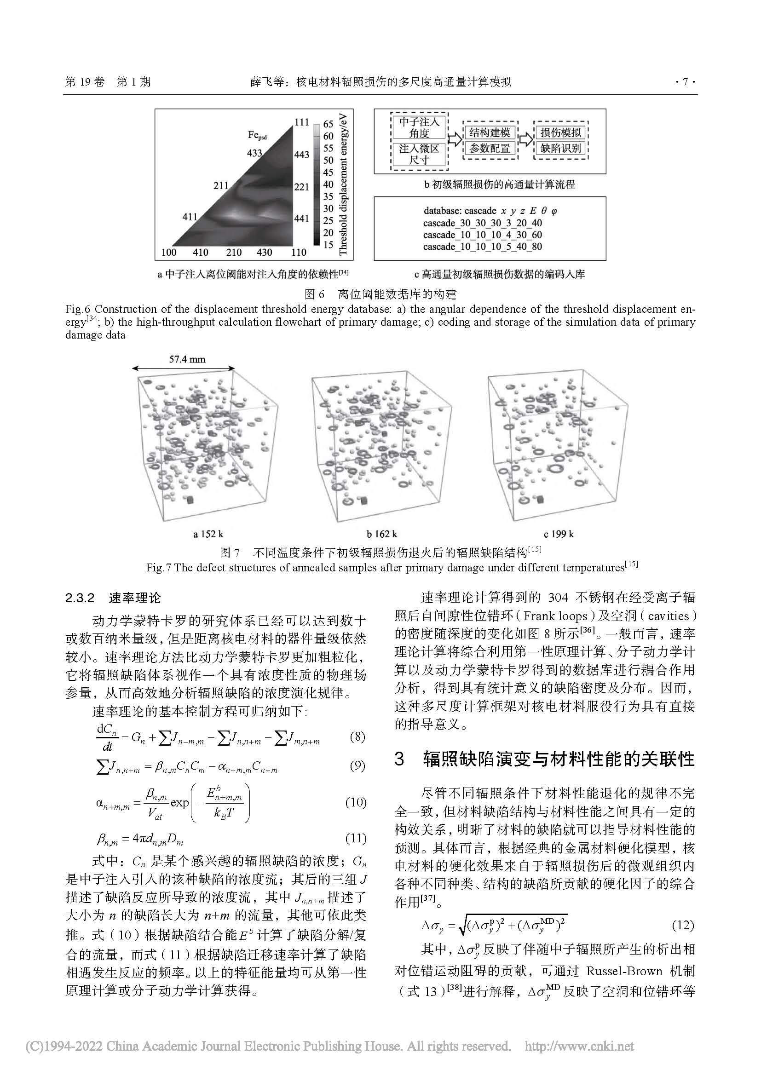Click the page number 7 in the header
(x=685, y=82)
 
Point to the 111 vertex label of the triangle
(x=301, y=122)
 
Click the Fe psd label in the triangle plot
(x=257, y=135)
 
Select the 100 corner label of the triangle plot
(x=169, y=253)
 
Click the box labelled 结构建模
(x=490, y=132)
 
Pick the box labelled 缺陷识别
(x=560, y=149)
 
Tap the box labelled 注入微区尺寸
(x=419, y=154)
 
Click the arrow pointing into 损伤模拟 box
(x=526, y=140)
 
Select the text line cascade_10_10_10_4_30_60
(x=482, y=235)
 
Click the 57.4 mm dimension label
(x=187, y=359)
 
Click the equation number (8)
(x=357, y=737)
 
